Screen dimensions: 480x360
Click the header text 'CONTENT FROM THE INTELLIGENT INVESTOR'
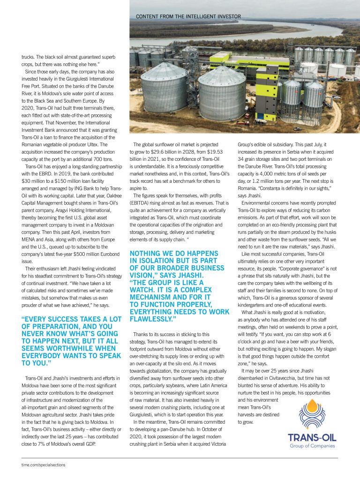tap(188, 16)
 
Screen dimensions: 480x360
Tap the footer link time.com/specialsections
tap(44, 465)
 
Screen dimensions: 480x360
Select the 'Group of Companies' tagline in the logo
tap(312, 446)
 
